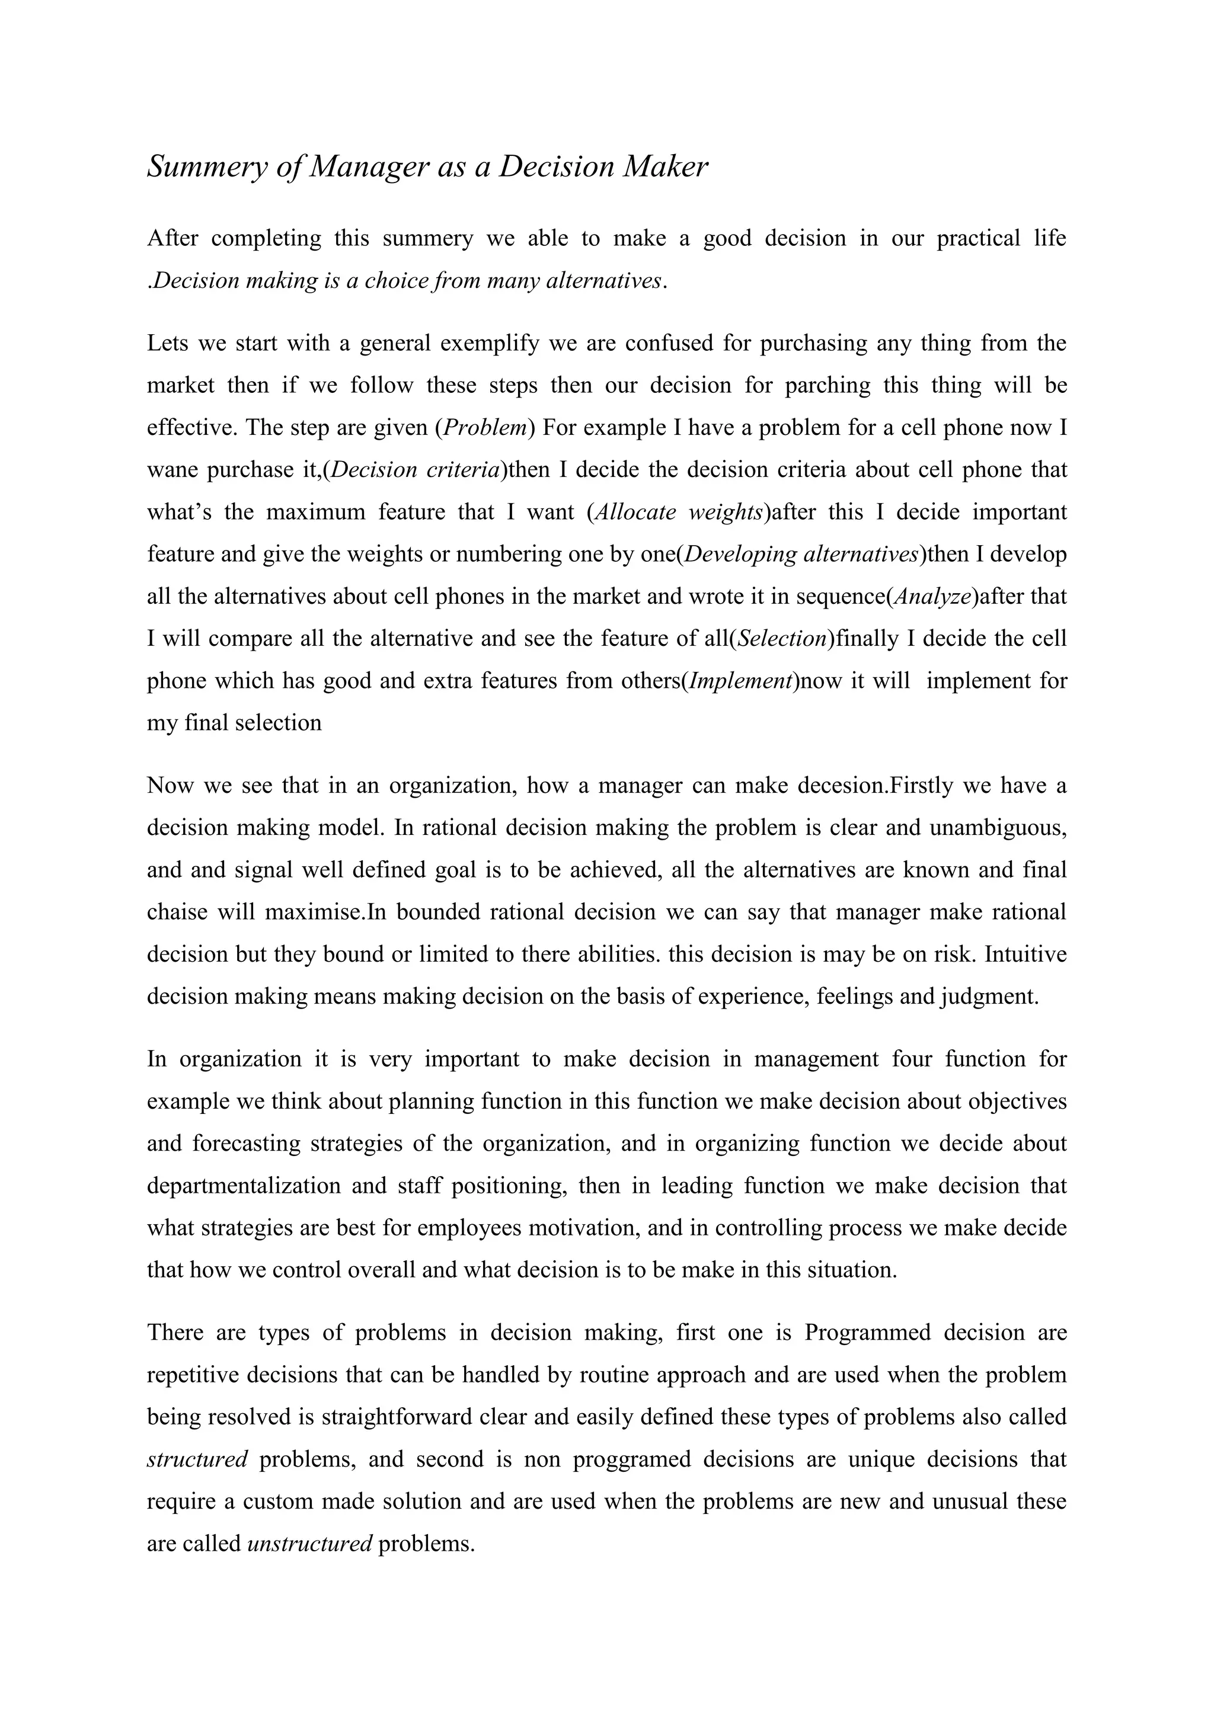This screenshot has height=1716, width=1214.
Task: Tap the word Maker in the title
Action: [665, 166]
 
